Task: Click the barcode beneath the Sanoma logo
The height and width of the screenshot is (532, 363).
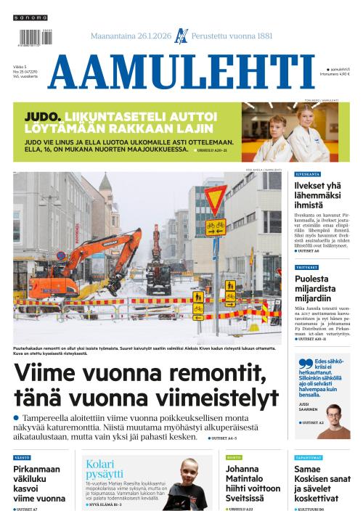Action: [x=32, y=37]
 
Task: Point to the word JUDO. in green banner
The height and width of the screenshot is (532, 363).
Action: [x=42, y=116]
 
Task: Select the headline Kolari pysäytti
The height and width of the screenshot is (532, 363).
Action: [x=105, y=469]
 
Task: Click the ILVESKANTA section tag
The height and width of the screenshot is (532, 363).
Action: [x=307, y=175]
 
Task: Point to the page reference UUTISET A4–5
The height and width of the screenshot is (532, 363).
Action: [x=224, y=438]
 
